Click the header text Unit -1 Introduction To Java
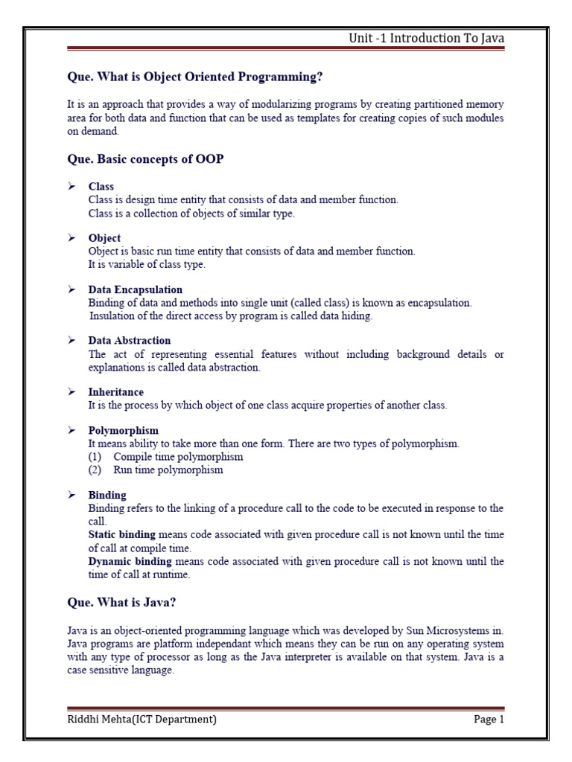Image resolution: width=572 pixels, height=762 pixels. click(x=426, y=39)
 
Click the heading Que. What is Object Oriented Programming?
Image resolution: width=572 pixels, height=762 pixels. click(x=195, y=77)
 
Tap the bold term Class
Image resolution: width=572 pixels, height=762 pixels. click(x=101, y=187)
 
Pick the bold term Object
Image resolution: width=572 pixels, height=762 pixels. click(x=104, y=238)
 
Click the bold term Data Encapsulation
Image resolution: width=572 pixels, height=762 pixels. click(x=136, y=289)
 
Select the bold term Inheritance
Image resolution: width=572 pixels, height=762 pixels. click(x=116, y=392)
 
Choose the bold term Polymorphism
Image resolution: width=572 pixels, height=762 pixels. click(x=123, y=431)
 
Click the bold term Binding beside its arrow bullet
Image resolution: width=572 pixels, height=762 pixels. click(x=107, y=495)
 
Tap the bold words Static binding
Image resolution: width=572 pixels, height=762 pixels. click(x=122, y=534)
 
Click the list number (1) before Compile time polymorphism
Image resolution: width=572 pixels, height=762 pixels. click(x=95, y=457)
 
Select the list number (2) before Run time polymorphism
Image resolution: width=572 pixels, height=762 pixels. click(x=95, y=470)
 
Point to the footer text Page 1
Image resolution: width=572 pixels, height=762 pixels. click(x=489, y=720)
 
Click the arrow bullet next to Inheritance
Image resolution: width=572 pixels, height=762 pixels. click(x=72, y=391)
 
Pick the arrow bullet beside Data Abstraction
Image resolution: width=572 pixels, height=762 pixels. click(x=72, y=340)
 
